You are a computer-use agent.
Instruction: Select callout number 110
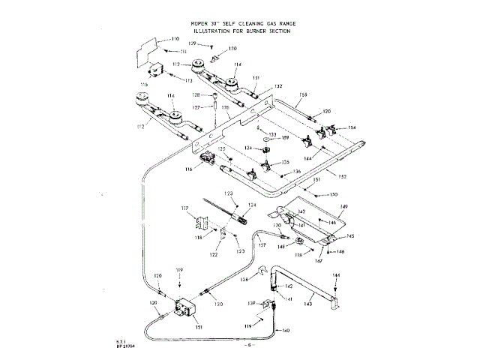click(175, 38)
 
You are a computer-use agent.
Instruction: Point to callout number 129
click(192, 45)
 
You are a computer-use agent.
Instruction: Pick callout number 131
click(256, 78)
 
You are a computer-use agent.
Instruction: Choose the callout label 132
click(278, 86)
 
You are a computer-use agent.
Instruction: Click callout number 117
click(184, 208)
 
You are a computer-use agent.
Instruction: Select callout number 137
click(262, 244)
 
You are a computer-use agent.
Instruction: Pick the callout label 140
click(286, 331)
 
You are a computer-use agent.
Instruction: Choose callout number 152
click(342, 176)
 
